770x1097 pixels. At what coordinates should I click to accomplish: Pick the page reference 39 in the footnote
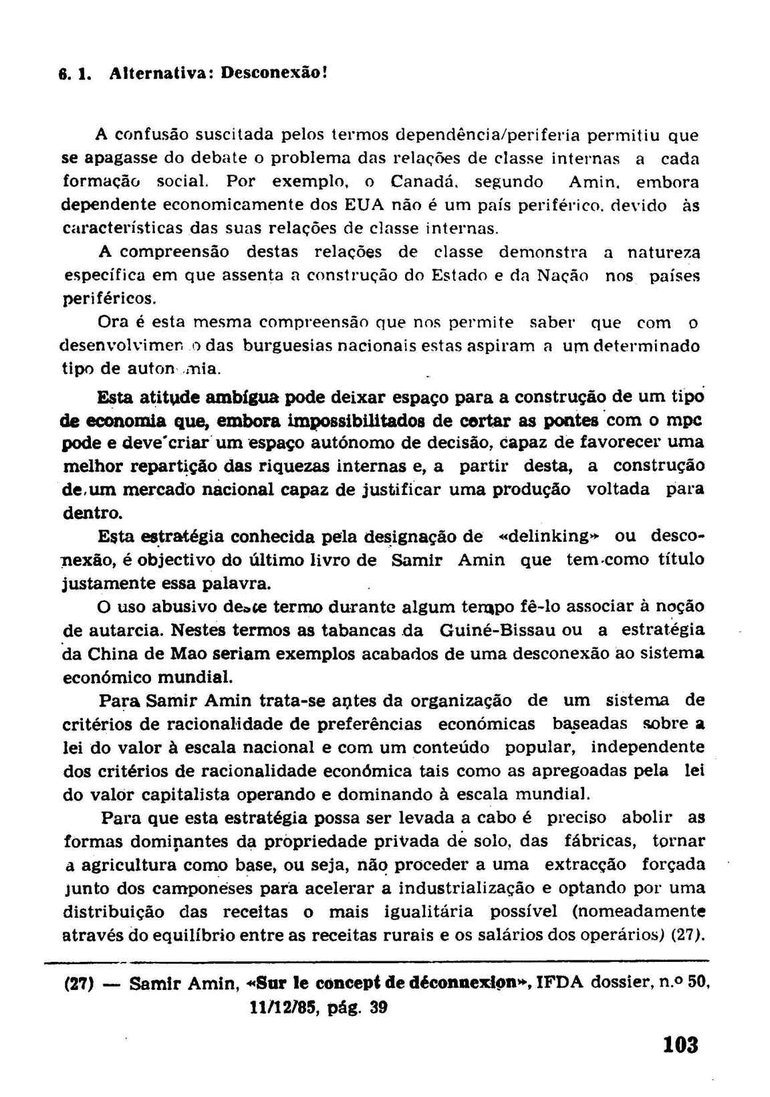[378, 1007]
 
